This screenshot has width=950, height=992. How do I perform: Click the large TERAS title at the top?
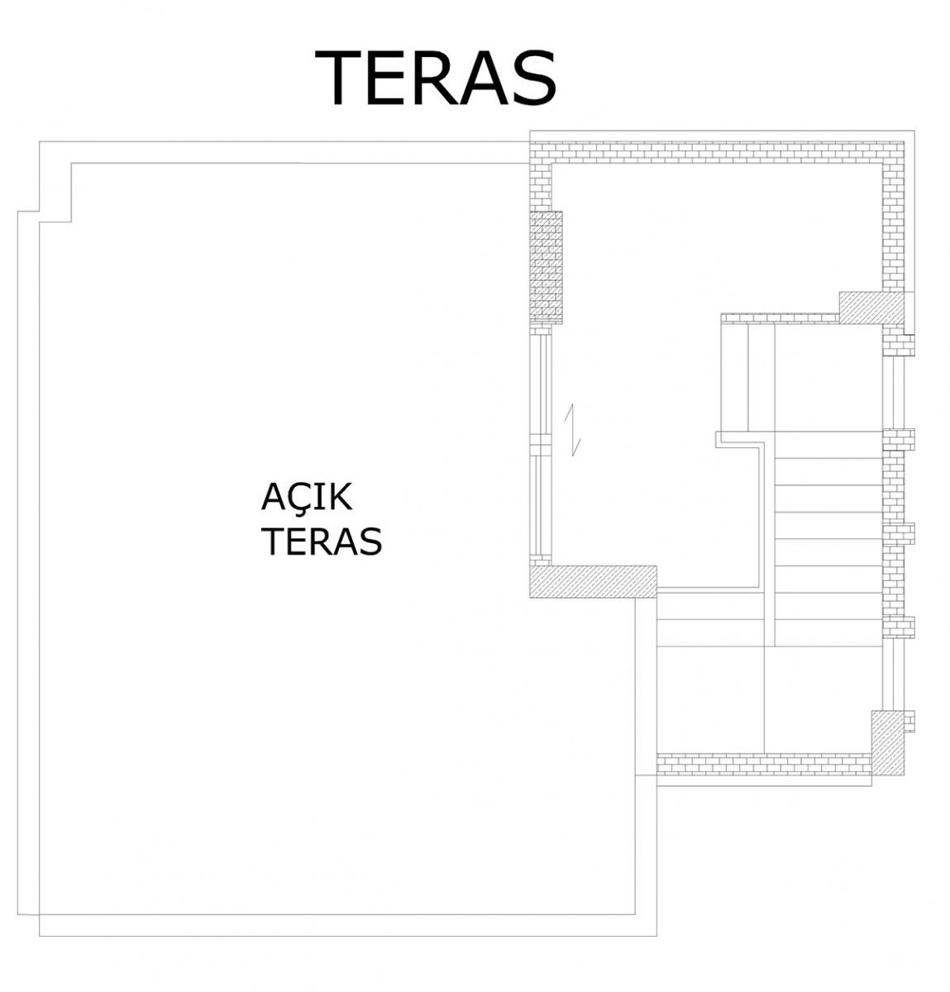[x=435, y=78]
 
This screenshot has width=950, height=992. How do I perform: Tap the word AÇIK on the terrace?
[x=306, y=498]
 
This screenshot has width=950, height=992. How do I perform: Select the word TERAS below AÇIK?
[x=322, y=541]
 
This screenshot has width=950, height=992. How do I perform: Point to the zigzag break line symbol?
[x=572, y=430]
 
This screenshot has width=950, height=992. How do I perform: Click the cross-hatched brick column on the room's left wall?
[x=547, y=268]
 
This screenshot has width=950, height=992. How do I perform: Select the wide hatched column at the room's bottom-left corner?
[x=593, y=581]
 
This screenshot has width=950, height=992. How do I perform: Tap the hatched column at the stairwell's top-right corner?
[x=871, y=308]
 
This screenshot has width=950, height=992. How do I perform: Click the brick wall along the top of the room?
[x=717, y=152]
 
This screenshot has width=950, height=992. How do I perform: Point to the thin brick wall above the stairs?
[x=781, y=318]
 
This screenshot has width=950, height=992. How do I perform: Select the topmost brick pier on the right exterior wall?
[x=898, y=345]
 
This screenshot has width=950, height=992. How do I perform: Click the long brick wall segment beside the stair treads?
[x=894, y=534]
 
